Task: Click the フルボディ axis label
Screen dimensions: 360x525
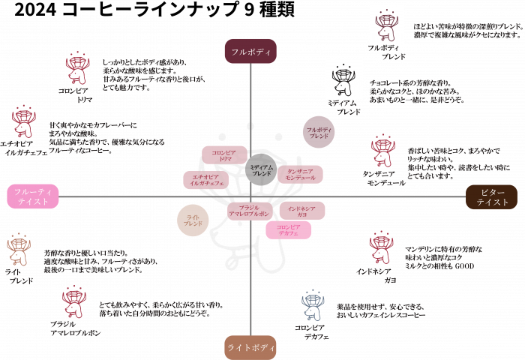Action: [x=250, y=51]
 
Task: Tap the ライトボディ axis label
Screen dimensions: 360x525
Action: [x=250, y=347]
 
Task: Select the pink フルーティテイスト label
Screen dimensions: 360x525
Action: [x=32, y=196]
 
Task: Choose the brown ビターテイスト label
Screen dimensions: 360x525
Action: [x=492, y=196]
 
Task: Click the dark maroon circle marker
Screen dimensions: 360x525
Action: [x=319, y=132]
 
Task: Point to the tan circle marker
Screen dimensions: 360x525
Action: [x=193, y=220]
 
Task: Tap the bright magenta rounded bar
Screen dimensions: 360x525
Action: [x=289, y=230]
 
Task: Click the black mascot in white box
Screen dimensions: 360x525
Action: [x=344, y=79]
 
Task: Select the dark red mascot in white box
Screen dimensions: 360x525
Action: [x=387, y=25]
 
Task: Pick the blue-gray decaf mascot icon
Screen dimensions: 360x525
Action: [x=313, y=305]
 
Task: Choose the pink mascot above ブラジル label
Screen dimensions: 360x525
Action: [x=73, y=301]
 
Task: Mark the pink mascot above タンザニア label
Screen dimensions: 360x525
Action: [x=382, y=151]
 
